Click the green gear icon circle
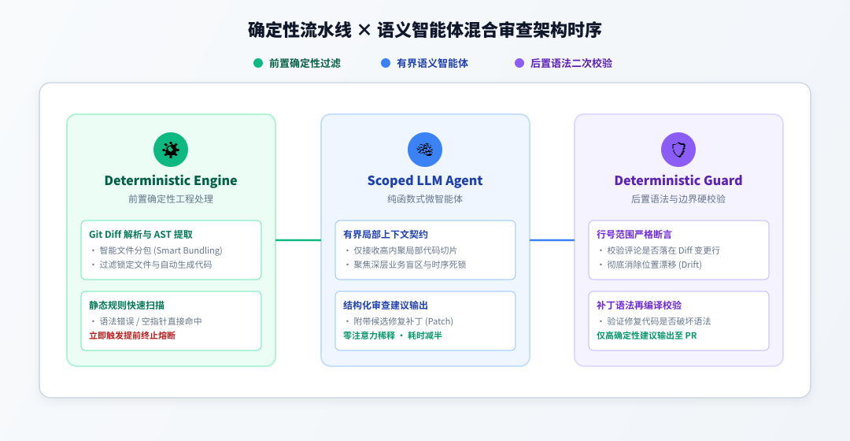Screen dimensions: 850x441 point(171,150)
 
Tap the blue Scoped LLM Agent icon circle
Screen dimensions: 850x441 point(425,150)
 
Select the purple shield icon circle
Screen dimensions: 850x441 point(678,150)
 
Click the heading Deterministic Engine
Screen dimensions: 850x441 point(171,180)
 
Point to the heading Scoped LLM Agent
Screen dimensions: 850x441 point(425,180)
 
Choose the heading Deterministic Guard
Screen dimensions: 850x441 point(678,180)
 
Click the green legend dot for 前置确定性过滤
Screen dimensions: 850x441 point(258,63)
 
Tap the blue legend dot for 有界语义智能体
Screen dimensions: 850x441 point(386,63)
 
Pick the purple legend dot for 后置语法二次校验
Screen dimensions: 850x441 point(519,63)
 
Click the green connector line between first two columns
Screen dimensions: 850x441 point(298,239)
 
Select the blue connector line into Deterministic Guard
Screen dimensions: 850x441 point(552,239)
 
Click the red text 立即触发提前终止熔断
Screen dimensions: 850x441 point(132,335)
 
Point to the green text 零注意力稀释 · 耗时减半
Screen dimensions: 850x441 point(393,335)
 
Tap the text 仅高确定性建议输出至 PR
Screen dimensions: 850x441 point(647,335)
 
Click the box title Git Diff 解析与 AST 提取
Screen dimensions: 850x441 point(141,235)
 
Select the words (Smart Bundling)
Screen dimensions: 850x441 point(188,250)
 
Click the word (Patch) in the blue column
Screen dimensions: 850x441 point(439,321)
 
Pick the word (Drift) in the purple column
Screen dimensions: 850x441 point(690,265)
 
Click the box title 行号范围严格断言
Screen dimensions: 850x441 point(634,235)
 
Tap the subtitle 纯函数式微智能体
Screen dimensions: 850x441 point(425,199)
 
